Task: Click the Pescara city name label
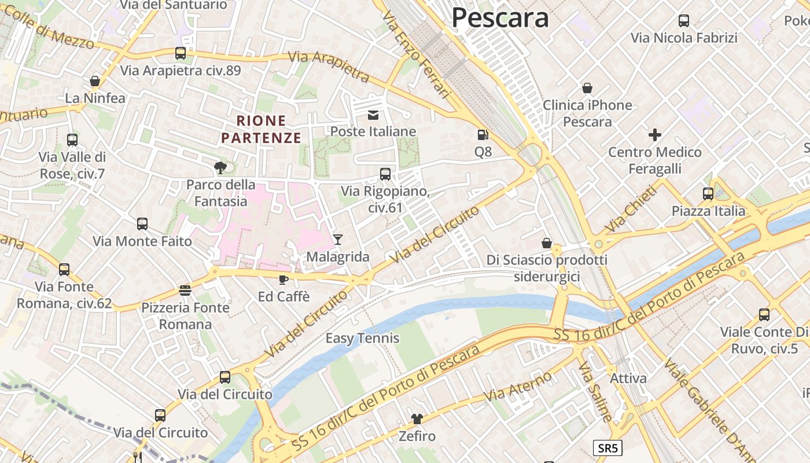pos(500,17)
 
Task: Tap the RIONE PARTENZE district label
pos(262,129)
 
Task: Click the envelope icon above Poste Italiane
pos(373,115)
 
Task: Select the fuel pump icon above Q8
pos(482,135)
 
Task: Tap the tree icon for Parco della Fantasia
pos(220,168)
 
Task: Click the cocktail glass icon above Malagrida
pos(338,239)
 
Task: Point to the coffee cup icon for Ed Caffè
pos(283,280)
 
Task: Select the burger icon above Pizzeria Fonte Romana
pos(185,290)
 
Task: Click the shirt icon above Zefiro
pos(417,418)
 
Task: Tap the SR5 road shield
pos(607,448)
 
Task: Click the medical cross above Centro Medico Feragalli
pos(655,135)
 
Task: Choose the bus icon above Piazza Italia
pos(708,194)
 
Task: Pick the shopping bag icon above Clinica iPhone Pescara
pos(587,88)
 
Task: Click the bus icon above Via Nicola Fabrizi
pos(684,21)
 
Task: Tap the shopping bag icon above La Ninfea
pos(95,81)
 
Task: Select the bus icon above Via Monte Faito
pos(142,224)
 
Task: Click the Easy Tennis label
pos(362,338)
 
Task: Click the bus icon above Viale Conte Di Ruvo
pos(764,315)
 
